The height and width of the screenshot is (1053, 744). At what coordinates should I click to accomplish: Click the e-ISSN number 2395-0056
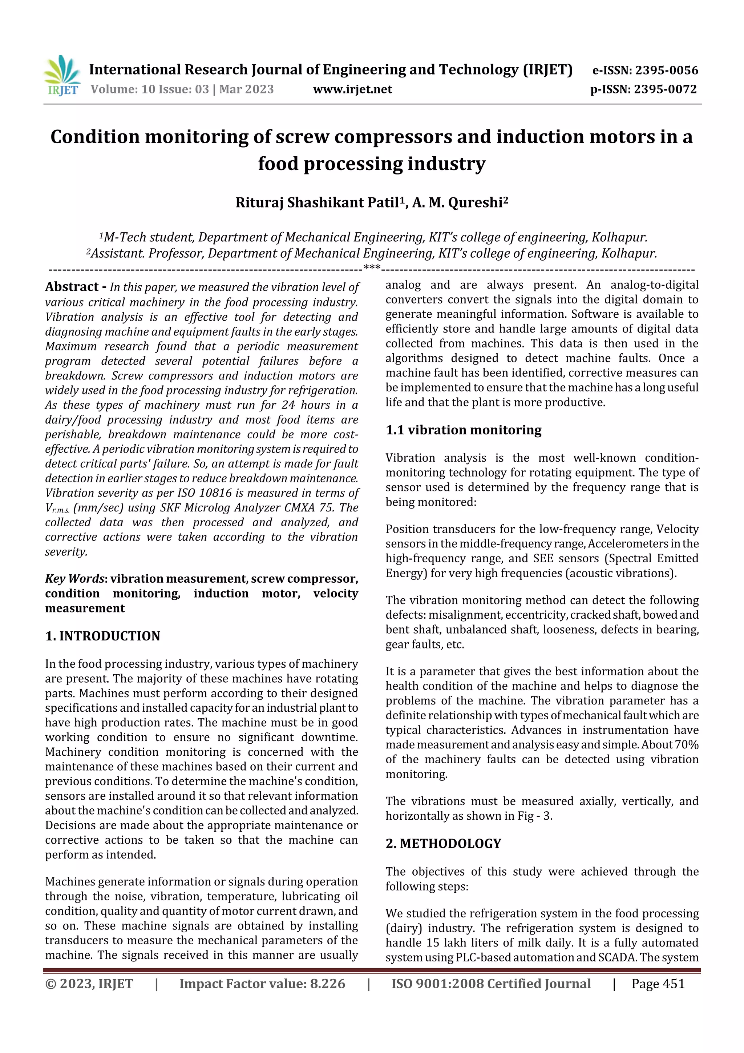click(666, 70)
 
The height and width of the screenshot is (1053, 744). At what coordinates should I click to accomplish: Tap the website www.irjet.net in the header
click(352, 89)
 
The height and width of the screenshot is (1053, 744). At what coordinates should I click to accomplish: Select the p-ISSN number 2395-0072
click(665, 89)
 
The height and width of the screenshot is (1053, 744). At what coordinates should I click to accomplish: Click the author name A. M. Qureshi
click(460, 202)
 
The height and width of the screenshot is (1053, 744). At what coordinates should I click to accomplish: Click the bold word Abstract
click(72, 287)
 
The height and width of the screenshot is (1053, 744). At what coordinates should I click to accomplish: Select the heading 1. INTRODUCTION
click(103, 636)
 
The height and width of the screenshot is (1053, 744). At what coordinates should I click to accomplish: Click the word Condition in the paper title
click(95, 137)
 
